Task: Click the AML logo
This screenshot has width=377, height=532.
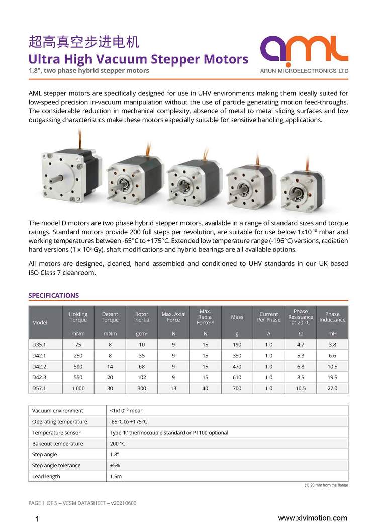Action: pyautogui.click(x=305, y=52)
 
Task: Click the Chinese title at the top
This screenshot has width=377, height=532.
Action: pyautogui.click(x=83, y=41)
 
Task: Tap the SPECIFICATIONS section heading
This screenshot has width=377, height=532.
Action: pyautogui.click(x=54, y=295)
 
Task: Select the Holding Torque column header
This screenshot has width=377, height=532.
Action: pyautogui.click(x=78, y=317)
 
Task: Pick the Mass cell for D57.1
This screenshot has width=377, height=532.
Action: pyautogui.click(x=237, y=388)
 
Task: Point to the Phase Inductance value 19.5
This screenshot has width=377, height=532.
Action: pyautogui.click(x=332, y=377)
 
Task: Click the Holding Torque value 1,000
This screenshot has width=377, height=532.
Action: pyautogui.click(x=78, y=388)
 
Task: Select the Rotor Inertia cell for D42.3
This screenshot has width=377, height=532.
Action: pyautogui.click(x=141, y=377)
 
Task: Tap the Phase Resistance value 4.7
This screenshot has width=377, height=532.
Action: pyautogui.click(x=301, y=345)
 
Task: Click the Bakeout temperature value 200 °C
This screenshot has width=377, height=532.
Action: pyautogui.click(x=118, y=443)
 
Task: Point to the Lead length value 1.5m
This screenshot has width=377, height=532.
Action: pyautogui.click(x=115, y=476)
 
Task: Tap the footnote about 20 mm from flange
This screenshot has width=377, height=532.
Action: pyautogui.click(x=326, y=485)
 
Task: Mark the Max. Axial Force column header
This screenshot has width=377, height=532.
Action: pyautogui.click(x=173, y=317)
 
